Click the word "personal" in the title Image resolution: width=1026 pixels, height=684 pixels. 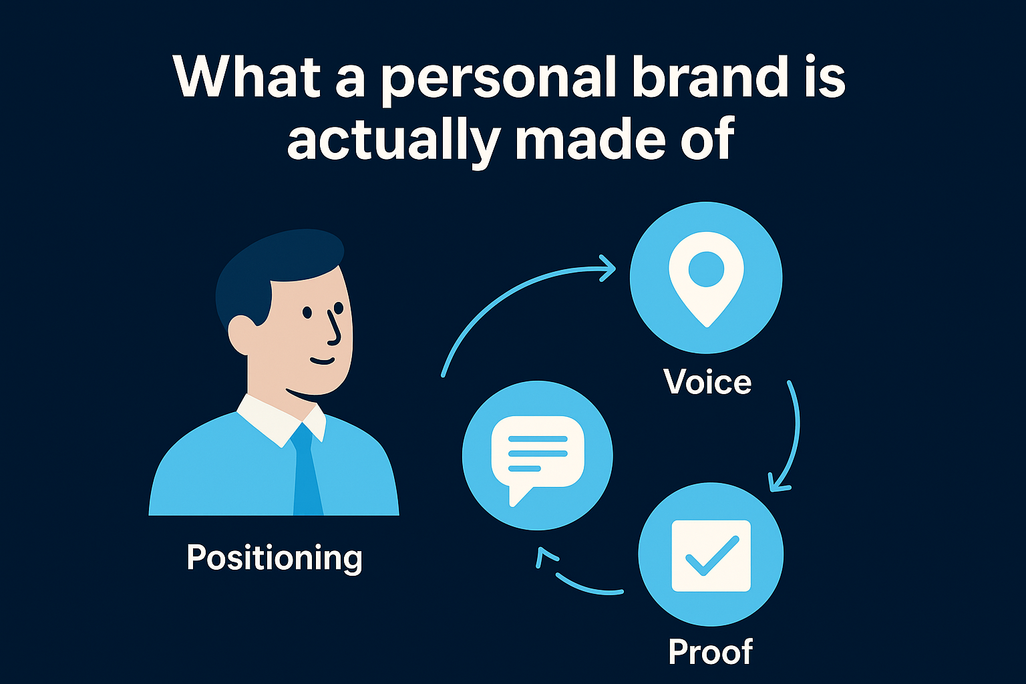[498, 78]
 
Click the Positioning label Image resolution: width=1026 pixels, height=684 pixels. [274, 558]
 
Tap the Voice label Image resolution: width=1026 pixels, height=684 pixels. [707, 382]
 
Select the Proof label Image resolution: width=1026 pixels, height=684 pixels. [710, 651]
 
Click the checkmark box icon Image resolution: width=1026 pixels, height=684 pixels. [711, 556]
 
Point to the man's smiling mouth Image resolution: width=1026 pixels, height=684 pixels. [322, 361]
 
